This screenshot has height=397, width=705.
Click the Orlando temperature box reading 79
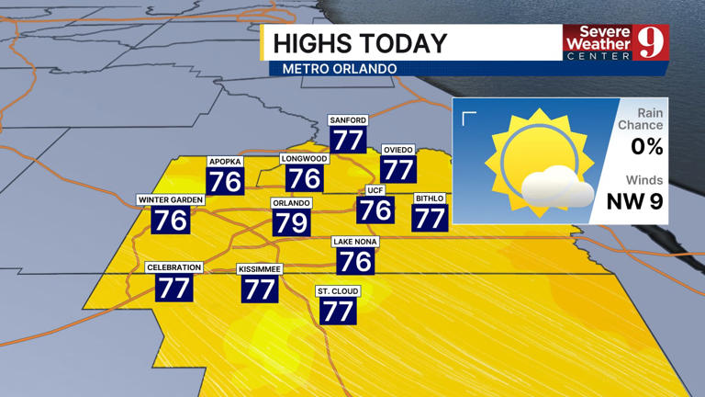[291, 222]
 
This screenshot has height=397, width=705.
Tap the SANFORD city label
[348, 120]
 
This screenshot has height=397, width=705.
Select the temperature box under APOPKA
[225, 181]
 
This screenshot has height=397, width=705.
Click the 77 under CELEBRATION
[173, 288]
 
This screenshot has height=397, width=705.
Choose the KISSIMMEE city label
[260, 269]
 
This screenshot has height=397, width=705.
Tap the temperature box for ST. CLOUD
[338, 312]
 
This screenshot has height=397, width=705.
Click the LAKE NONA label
[355, 242]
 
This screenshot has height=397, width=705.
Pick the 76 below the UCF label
[375, 210]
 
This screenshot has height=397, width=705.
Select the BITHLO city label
[430, 198]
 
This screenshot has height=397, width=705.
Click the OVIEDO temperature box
[397, 170]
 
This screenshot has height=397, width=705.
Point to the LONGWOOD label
[304, 159]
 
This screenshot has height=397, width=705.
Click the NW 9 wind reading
[634, 201]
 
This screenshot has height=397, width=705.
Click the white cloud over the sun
[556, 188]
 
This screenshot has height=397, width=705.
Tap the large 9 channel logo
[652, 41]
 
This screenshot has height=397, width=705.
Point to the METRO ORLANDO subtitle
[340, 69]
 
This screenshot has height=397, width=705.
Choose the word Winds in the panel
[644, 180]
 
